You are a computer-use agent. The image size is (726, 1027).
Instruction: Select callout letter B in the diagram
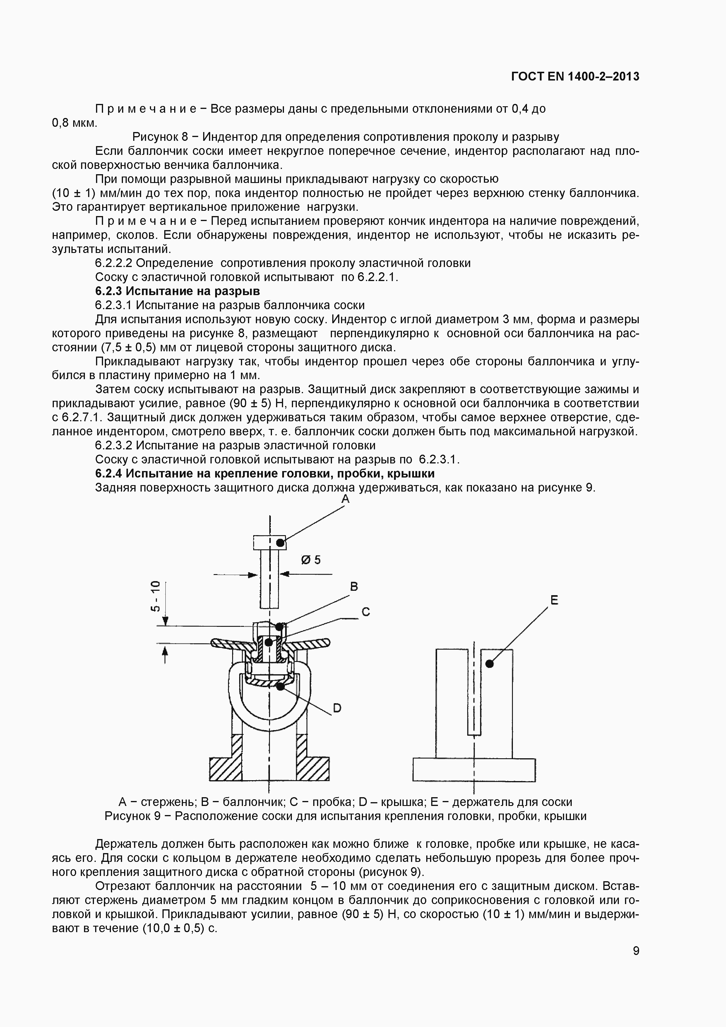tap(354, 586)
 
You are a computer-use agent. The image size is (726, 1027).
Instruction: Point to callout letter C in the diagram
tap(365, 612)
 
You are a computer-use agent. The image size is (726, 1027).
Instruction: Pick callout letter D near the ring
tap(337, 708)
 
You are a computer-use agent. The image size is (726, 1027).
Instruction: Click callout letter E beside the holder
tap(554, 600)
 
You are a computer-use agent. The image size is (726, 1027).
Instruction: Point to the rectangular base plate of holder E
tap(474, 770)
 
